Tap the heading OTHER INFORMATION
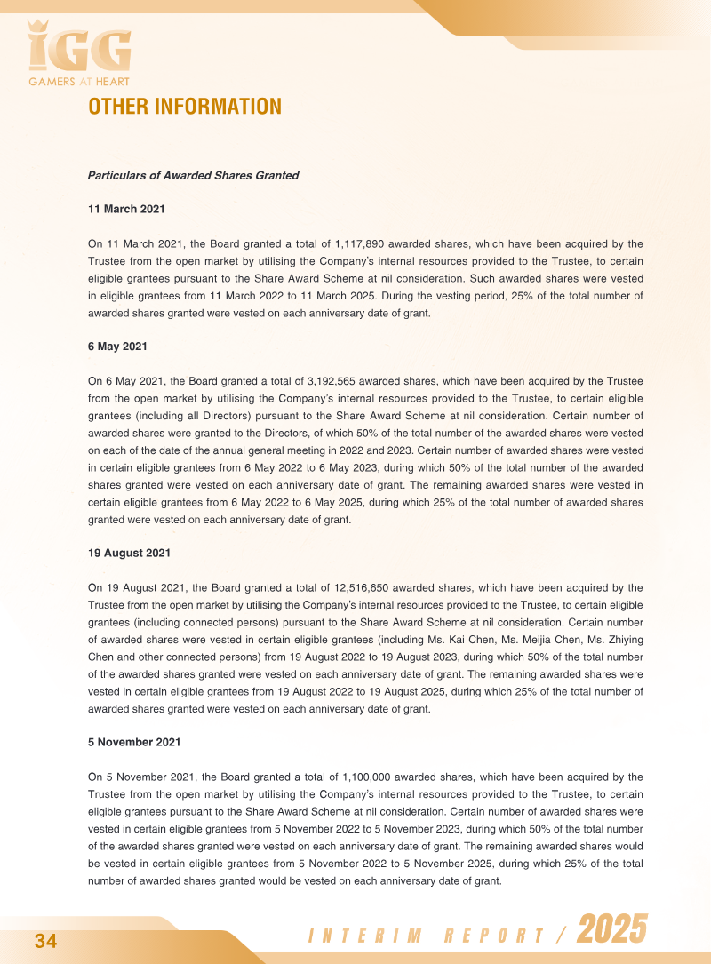point(185,107)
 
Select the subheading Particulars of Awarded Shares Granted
point(193,176)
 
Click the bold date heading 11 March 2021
point(125,210)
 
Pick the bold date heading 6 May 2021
point(117,346)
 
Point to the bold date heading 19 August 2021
point(129,554)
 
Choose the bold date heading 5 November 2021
point(133,742)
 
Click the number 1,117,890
point(362,243)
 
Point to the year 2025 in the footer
point(611,930)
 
